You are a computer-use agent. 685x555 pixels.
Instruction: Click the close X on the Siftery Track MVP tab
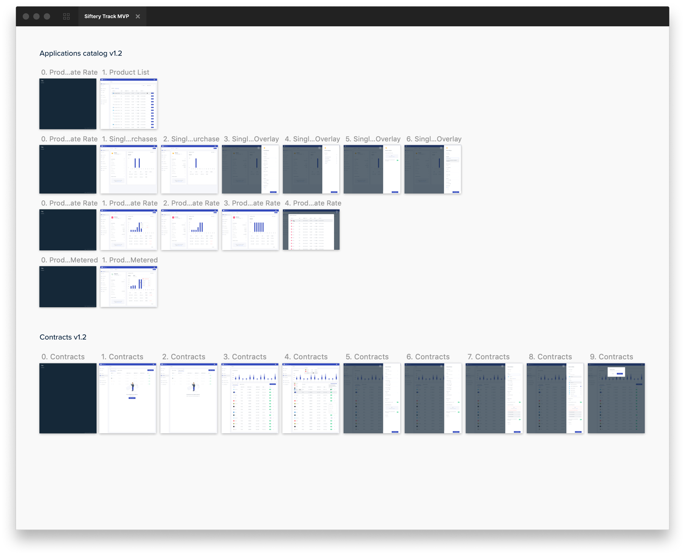click(138, 16)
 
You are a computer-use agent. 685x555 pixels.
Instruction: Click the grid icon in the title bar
click(67, 16)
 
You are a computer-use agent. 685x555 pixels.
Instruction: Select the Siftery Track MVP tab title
click(107, 16)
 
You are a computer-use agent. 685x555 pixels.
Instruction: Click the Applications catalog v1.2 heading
click(81, 53)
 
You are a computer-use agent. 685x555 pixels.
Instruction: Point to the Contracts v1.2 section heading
click(63, 337)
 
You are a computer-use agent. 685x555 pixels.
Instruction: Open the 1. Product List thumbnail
click(129, 104)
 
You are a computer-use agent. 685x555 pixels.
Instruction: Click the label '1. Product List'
click(125, 72)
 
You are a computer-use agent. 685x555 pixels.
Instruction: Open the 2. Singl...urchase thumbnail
click(190, 169)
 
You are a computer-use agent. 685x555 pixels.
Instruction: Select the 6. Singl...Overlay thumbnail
click(433, 169)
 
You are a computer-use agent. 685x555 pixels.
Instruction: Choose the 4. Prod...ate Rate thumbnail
click(311, 230)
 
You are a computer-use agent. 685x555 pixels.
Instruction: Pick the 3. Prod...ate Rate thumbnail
click(250, 230)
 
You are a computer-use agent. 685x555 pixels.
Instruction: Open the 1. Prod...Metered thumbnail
click(129, 287)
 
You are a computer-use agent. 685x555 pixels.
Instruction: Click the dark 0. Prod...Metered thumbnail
click(68, 287)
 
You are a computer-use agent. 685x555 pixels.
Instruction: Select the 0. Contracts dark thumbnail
click(68, 398)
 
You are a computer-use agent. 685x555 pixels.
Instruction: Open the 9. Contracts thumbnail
click(616, 398)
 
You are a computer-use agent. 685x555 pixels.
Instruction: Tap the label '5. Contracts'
click(367, 357)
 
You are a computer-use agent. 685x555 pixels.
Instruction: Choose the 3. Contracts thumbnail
click(250, 398)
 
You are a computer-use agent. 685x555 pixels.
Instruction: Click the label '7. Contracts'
click(488, 357)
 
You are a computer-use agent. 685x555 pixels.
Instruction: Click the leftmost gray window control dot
click(26, 16)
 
